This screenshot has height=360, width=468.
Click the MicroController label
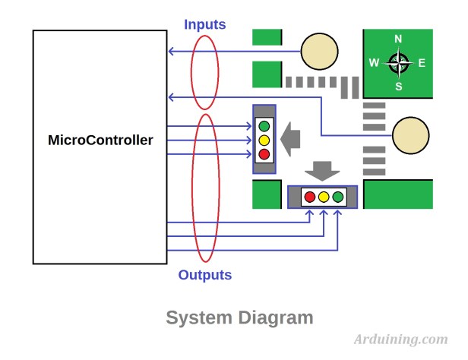pyautogui.click(x=100, y=141)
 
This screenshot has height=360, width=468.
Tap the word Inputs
pyautogui.click(x=204, y=24)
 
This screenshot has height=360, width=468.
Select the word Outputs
pyautogui.click(x=204, y=275)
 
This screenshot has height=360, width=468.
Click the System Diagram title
pyautogui.click(x=239, y=317)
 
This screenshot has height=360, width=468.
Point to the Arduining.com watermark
pyautogui.click(x=400, y=339)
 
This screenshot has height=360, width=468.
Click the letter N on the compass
pyautogui.click(x=398, y=39)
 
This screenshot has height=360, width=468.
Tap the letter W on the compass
pyautogui.click(x=374, y=63)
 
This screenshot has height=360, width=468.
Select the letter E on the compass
pyautogui.click(x=422, y=63)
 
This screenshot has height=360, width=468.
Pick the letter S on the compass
pyautogui.click(x=398, y=86)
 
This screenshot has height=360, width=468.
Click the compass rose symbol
pyautogui.click(x=398, y=63)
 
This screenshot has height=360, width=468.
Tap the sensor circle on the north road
pyautogui.click(x=319, y=52)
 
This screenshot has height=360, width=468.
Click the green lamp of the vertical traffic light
pyautogui.click(x=264, y=126)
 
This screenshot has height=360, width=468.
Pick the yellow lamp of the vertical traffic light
pyautogui.click(x=264, y=140)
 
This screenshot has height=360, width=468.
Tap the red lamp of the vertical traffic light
pyautogui.click(x=264, y=154)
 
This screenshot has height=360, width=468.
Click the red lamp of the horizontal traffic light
pyautogui.click(x=309, y=197)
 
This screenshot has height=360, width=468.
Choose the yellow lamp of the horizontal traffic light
pyautogui.click(x=324, y=197)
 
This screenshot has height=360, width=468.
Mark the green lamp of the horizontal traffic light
pyautogui.click(x=338, y=197)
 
